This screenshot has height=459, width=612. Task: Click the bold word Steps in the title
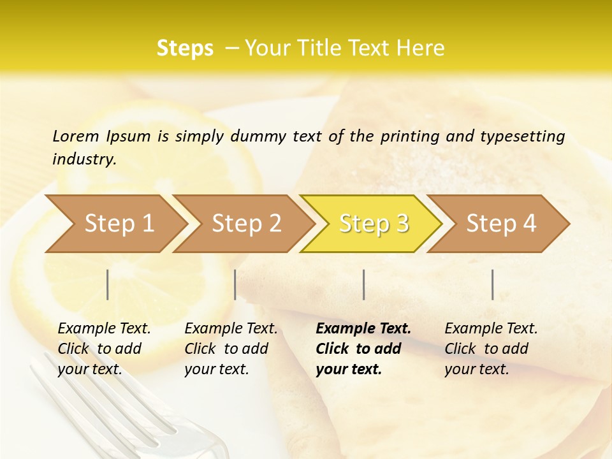[x=185, y=48]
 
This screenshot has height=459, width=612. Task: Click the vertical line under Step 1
[x=108, y=284]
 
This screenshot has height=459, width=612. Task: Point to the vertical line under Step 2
[x=235, y=284]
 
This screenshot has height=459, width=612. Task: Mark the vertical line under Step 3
[x=363, y=284]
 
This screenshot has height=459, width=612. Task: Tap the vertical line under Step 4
[x=493, y=284]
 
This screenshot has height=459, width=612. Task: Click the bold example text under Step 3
[x=363, y=349]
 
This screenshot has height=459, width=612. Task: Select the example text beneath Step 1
[x=104, y=349]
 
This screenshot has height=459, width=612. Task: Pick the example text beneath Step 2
[x=231, y=349]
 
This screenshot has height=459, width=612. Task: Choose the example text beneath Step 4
[x=491, y=349]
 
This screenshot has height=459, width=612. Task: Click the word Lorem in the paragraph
[x=76, y=136]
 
